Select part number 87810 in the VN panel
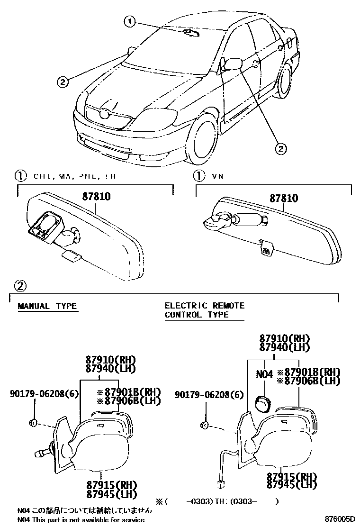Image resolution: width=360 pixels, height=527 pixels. [284, 198]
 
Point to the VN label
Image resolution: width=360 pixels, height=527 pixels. [217, 176]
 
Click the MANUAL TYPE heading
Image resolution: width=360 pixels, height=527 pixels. [47, 306]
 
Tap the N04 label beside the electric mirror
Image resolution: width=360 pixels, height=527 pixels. [264, 374]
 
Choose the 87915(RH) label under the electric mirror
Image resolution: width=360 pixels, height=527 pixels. [291, 476]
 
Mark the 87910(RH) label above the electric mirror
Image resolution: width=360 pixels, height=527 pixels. [284, 338]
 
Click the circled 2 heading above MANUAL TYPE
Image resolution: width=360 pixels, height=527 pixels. [19, 286]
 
